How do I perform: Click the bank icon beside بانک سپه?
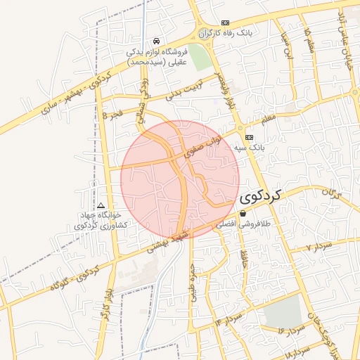(250, 137)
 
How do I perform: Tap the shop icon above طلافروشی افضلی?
(243, 213)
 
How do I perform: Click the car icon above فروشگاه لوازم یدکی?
(155, 41)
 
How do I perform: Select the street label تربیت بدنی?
(188, 94)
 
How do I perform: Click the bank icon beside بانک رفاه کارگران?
(225, 22)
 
